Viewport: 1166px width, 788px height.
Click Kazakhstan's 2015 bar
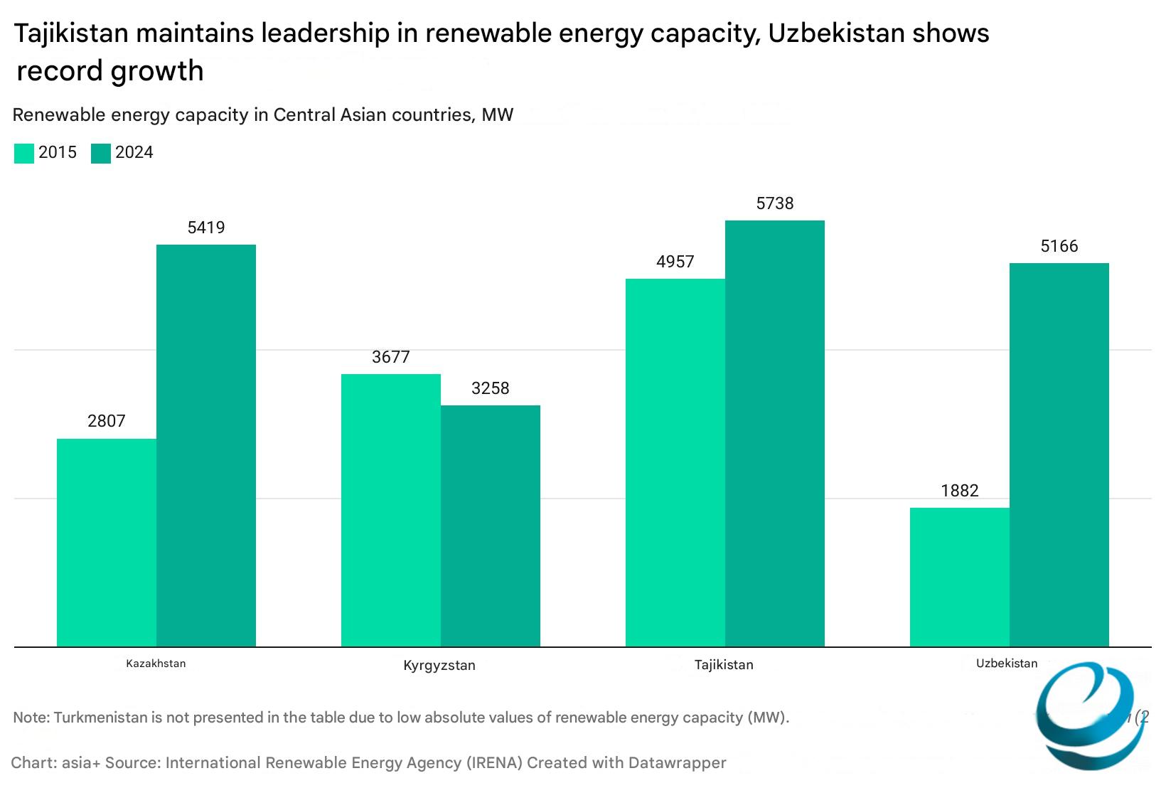[x=107, y=543]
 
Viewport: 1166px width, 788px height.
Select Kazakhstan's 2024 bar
[x=206, y=446]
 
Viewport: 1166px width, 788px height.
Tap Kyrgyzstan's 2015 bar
[x=391, y=511]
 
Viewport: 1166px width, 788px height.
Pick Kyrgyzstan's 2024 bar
[x=491, y=526]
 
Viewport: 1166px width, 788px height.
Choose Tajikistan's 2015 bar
[x=675, y=463]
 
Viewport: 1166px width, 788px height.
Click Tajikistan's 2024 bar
[x=775, y=434]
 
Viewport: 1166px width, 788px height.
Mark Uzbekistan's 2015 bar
[x=960, y=577]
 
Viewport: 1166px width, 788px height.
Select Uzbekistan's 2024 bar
[x=1059, y=455]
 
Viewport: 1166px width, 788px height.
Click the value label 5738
[x=775, y=203]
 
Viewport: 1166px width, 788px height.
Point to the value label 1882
[x=960, y=491]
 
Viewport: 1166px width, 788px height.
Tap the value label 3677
[x=391, y=357]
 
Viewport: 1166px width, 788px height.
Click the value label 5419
[x=206, y=228]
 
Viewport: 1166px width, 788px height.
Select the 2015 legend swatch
[x=24, y=154]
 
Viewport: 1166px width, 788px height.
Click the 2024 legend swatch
[x=101, y=154]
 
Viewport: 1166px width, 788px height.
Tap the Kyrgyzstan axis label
[x=439, y=666]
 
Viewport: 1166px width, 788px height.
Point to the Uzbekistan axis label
[x=1007, y=664]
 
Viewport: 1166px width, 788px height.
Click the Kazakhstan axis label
[x=156, y=664]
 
